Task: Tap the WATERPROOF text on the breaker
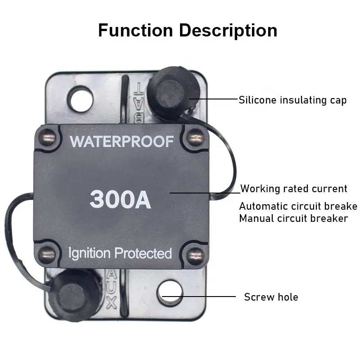121,141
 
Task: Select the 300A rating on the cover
120,199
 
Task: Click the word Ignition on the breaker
89,253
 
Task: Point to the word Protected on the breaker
143,253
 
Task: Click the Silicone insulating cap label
292,100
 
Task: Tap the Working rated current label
294,189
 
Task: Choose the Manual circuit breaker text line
293,218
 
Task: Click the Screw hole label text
271,297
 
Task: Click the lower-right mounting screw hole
171,293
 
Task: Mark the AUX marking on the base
111,288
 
